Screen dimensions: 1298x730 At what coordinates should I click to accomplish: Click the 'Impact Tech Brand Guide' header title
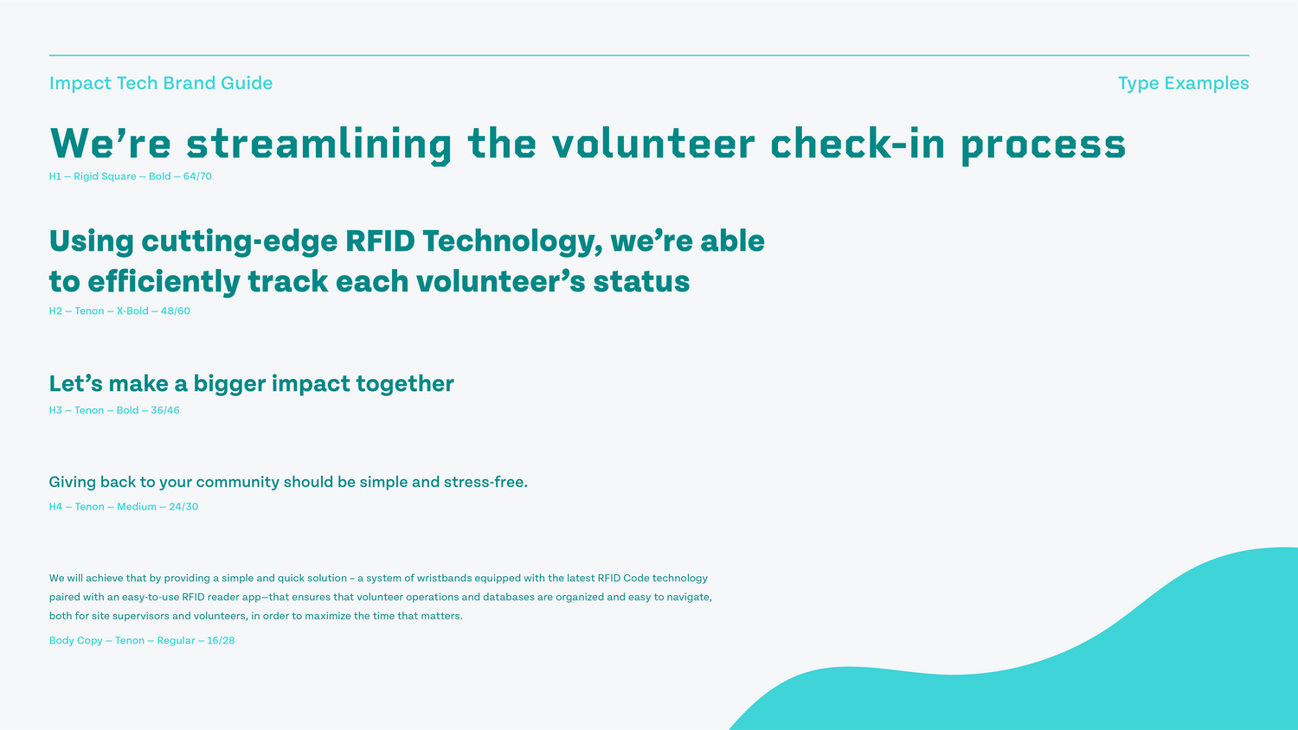coord(160,83)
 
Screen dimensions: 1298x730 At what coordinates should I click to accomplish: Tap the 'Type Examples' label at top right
coord(1183,84)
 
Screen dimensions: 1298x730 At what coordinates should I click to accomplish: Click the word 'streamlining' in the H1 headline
coord(318,144)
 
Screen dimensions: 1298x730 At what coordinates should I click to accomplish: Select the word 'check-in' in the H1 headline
coord(858,143)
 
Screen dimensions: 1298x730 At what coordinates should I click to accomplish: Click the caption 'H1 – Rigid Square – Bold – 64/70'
coord(131,176)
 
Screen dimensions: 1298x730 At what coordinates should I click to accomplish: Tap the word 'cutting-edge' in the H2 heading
coord(240,242)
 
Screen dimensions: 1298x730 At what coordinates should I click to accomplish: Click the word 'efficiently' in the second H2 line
coord(164,283)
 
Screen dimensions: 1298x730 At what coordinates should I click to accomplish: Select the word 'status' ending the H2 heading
coord(641,282)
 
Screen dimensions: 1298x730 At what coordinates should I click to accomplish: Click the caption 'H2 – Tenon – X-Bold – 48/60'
coord(119,311)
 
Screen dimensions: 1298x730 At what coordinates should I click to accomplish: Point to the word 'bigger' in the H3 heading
coord(229,385)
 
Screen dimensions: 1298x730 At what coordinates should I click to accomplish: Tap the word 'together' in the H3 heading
coord(405,383)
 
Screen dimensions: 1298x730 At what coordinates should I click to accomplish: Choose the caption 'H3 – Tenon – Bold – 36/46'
coord(114,410)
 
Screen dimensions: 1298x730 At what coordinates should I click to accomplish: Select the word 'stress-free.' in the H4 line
coord(485,482)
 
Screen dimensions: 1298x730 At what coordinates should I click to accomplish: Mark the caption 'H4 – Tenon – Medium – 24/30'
coord(124,507)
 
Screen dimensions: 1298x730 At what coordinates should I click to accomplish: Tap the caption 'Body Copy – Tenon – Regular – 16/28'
coord(142,641)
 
